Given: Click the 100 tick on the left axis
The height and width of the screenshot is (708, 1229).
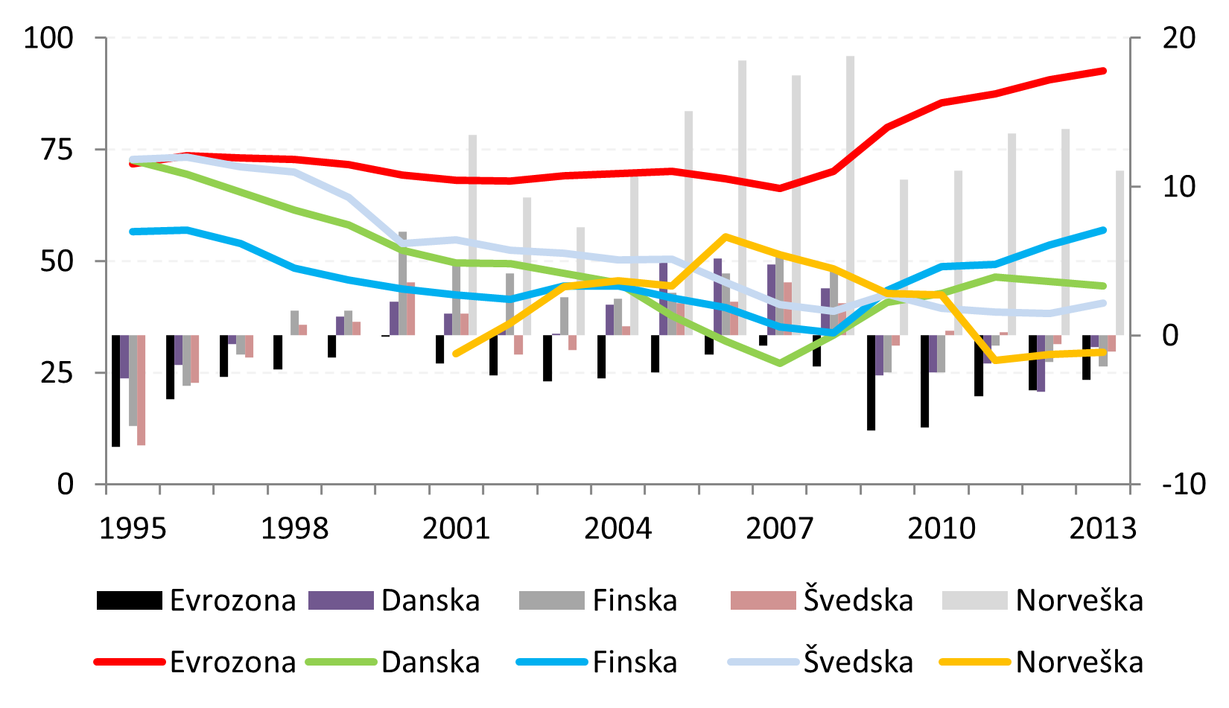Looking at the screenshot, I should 48,38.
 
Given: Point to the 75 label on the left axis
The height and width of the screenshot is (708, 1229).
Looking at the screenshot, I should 57,150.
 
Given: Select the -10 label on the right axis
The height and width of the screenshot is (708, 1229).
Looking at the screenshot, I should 1184,484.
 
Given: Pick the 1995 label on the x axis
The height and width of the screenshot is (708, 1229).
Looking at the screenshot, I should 133,529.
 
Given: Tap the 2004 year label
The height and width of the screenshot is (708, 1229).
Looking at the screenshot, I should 617,529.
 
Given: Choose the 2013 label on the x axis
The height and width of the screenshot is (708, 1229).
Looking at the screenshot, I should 1103,529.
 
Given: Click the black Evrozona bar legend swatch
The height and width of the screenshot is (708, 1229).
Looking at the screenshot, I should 129,600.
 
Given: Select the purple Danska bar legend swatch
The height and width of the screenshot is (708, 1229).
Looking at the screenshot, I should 340,600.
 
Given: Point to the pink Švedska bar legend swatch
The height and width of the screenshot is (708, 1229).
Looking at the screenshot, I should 763,600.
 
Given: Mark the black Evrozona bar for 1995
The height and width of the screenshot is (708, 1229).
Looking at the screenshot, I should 116,390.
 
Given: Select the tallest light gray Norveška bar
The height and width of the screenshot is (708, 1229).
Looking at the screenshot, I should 850,195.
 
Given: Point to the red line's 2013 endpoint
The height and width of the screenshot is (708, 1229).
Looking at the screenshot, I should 1103,71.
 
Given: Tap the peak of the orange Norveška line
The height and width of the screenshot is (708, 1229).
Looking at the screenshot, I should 725,237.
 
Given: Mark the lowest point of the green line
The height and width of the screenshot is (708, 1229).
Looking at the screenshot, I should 780,363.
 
